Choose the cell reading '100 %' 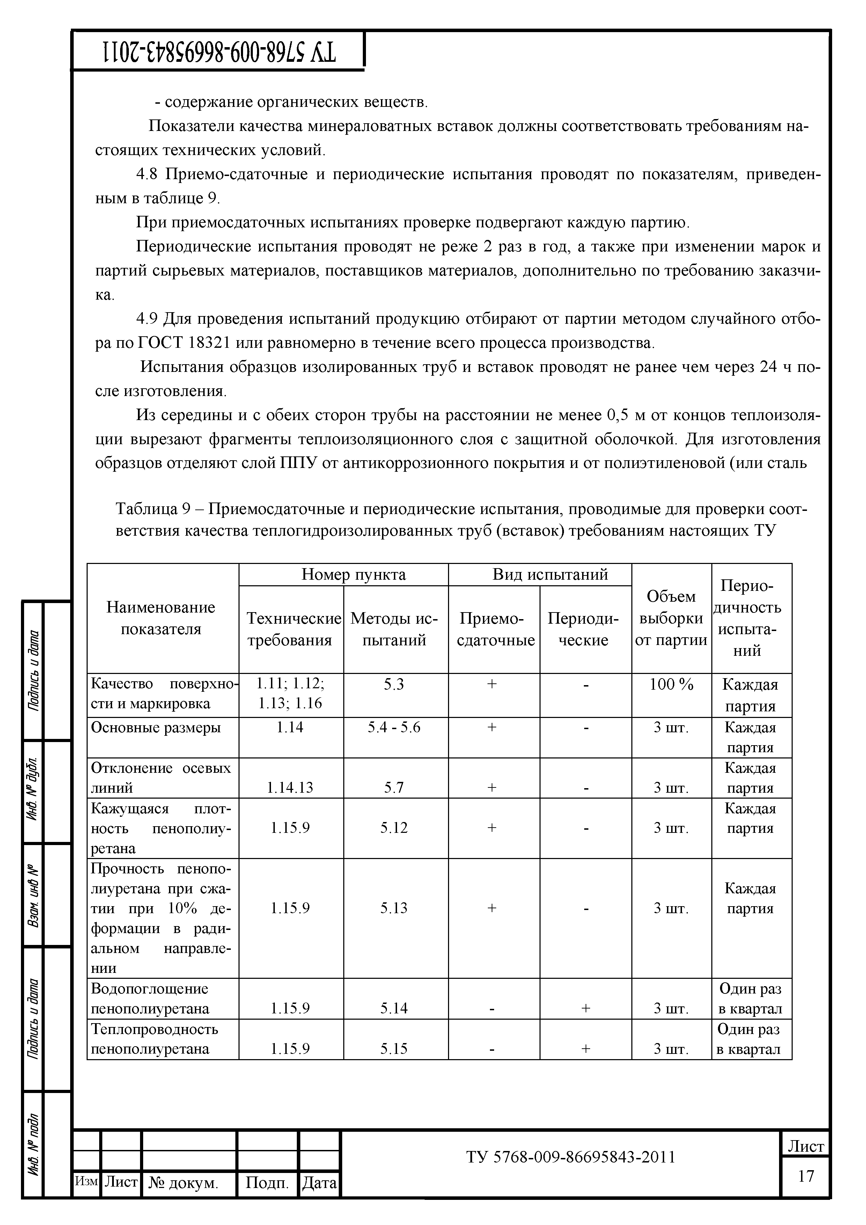coord(671,684)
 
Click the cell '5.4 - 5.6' coord(394,727)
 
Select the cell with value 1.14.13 coord(290,787)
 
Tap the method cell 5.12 coord(394,828)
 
